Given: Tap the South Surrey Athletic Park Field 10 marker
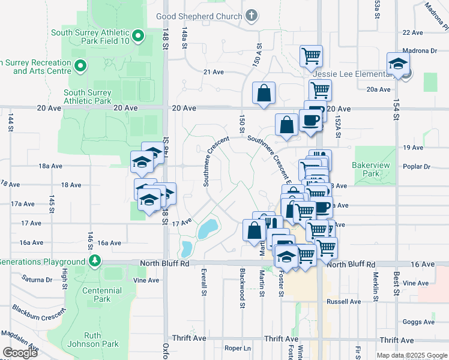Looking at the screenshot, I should [x=138, y=37].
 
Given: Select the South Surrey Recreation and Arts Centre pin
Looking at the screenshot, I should [x=80, y=65].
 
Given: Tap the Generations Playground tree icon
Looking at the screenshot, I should [x=94, y=261].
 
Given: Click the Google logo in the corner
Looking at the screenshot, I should [x=20, y=352].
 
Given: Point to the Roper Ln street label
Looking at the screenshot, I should [x=237, y=348].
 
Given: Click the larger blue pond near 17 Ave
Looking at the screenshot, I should [x=208, y=228].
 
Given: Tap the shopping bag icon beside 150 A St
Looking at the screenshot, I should [x=264, y=93].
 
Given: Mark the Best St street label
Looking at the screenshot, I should [x=396, y=278].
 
